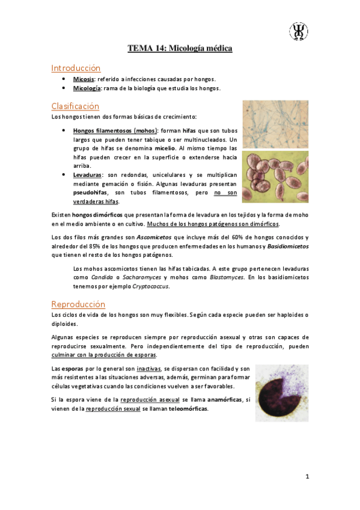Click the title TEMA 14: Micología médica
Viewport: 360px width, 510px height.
(180, 48)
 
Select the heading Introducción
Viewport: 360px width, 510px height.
(76, 68)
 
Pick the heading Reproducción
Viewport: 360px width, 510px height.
(79, 304)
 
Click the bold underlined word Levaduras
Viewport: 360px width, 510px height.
(87, 174)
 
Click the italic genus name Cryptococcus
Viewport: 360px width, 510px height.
(151, 286)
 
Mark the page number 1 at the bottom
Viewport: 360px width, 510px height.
(307, 477)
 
